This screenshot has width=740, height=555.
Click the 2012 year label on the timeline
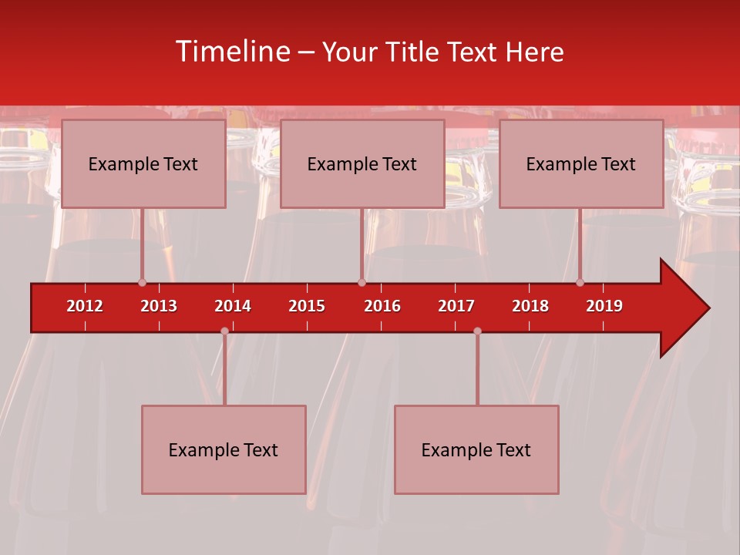(x=85, y=306)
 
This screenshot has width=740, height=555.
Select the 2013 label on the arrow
(x=159, y=306)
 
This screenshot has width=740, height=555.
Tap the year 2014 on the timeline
(x=233, y=306)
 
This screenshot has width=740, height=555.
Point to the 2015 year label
(x=307, y=306)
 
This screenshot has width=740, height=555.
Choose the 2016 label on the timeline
(x=382, y=306)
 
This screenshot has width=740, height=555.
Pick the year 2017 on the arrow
(x=456, y=306)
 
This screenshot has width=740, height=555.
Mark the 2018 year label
(x=530, y=306)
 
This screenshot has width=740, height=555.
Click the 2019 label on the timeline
(x=604, y=306)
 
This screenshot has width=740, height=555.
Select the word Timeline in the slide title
(x=231, y=52)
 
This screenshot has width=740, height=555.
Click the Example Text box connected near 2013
(x=143, y=163)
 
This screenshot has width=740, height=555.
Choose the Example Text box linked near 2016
(x=362, y=163)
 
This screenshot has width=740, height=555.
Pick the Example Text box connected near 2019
(x=581, y=163)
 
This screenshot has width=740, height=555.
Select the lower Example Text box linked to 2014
(x=224, y=449)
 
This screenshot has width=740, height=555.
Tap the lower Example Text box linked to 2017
(x=476, y=449)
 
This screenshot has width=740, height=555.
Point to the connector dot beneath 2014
(x=224, y=331)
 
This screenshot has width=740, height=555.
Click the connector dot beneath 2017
(x=477, y=331)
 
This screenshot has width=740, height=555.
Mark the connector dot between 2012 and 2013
(x=142, y=282)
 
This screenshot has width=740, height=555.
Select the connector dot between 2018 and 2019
(x=580, y=282)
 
